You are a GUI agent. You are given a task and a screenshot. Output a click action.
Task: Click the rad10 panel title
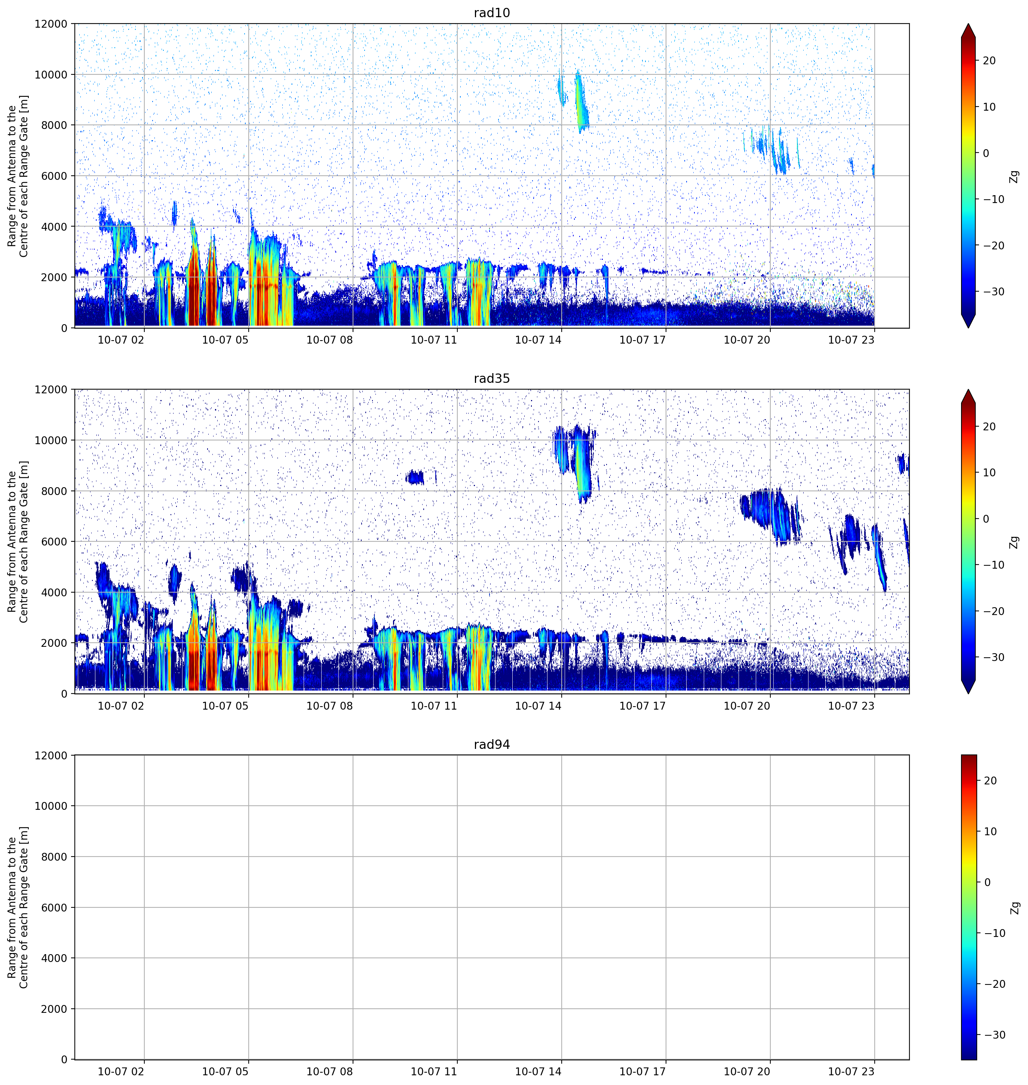pyautogui.click(x=491, y=13)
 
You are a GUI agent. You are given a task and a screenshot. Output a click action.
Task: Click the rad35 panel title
pyautogui.click(x=491, y=379)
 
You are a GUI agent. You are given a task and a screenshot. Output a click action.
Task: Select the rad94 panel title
pyautogui.click(x=491, y=745)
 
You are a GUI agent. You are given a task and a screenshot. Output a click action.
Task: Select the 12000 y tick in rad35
pyautogui.click(x=50, y=390)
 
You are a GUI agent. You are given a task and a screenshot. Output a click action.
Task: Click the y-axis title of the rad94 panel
pyautogui.click(x=18, y=907)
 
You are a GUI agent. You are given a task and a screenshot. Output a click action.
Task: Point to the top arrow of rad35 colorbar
pyautogui.click(x=968, y=396)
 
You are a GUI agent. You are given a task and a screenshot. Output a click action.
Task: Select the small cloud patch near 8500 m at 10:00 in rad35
pyautogui.click(x=415, y=477)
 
